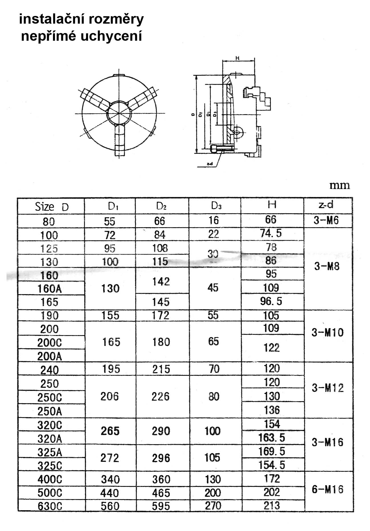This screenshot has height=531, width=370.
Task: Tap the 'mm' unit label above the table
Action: coord(340,185)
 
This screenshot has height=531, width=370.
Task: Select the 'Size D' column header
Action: coord(52,207)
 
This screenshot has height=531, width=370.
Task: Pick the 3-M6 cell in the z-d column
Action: coord(326,220)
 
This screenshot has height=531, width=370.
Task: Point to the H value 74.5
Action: coord(271,233)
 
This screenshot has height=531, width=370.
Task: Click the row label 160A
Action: coord(50,289)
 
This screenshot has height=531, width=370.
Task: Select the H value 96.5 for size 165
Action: coord(271,301)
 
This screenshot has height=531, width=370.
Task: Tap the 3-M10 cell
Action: coord(328,333)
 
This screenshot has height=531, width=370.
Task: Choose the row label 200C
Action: coord(50,343)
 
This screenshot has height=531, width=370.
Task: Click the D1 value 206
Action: coord(110,396)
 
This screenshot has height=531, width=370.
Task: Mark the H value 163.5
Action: coord(271,438)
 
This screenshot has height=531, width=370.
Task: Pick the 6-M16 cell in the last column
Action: coord(328,490)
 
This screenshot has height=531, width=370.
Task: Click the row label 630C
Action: coord(50,506)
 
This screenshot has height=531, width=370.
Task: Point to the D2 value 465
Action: coord(161,493)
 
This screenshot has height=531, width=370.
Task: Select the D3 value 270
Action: coord(213,506)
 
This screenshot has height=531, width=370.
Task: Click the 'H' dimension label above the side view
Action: coord(237,58)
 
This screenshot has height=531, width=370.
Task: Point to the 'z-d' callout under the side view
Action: coord(210,164)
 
